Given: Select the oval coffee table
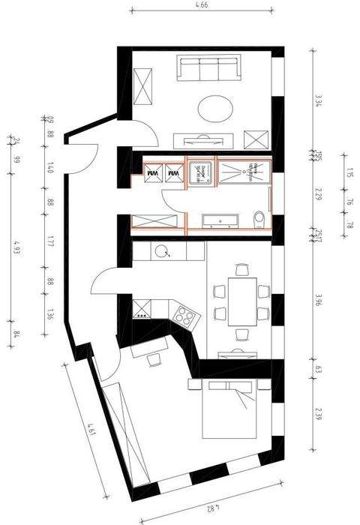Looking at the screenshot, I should pos(216,108).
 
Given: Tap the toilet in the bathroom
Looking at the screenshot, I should pos(259,218).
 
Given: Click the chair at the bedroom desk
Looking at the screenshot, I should pos(154,360).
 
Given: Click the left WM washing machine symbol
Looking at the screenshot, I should pos(153,172).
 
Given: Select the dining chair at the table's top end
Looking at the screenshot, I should pos(241,269).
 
